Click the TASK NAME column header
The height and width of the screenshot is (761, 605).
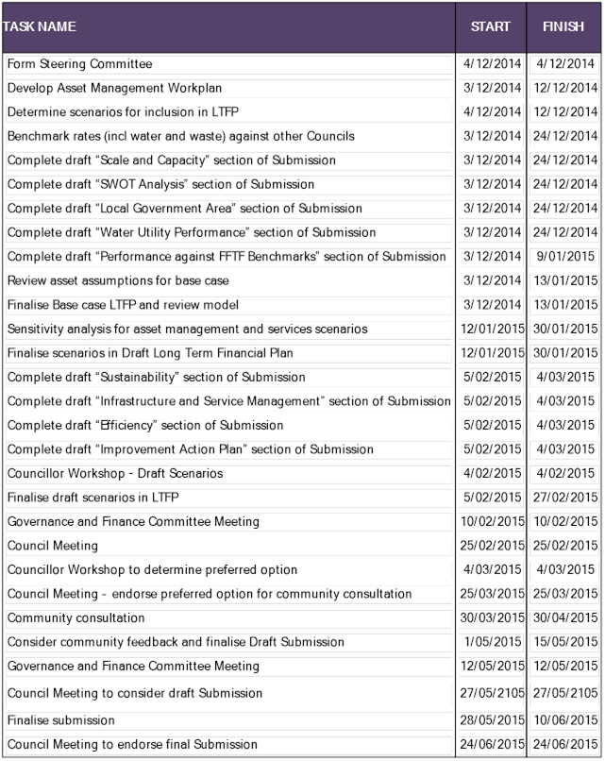tap(40, 27)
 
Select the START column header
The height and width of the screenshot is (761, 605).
tap(491, 27)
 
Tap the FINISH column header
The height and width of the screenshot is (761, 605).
tap(563, 27)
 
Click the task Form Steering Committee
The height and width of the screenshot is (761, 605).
tap(80, 64)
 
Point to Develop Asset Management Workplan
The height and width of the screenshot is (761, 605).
tap(114, 89)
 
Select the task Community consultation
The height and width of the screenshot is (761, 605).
tap(76, 618)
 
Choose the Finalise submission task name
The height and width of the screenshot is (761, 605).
tap(60, 720)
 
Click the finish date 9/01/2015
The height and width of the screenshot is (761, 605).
tap(564, 257)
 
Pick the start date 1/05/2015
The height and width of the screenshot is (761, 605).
tap(491, 642)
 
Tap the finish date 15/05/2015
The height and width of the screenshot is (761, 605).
tap(564, 642)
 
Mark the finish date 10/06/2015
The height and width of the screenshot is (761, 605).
tap(564, 720)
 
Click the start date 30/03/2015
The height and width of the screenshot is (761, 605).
tap(491, 618)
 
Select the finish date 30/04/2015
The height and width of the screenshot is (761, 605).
tap(564, 618)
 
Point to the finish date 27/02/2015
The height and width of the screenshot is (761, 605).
tap(564, 498)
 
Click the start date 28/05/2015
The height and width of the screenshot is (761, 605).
tap(491, 720)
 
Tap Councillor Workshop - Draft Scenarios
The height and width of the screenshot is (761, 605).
tap(115, 473)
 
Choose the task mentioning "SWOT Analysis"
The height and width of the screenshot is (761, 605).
tap(160, 184)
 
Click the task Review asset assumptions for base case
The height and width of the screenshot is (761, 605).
tap(118, 280)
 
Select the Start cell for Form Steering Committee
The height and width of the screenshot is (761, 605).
tap(491, 64)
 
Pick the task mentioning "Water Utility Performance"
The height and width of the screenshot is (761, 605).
tap(178, 232)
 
